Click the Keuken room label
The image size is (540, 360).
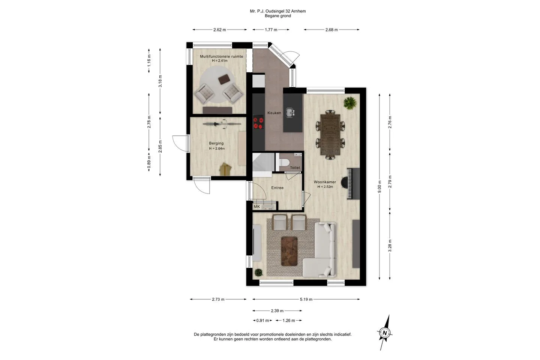pyautogui.click(x=274, y=113)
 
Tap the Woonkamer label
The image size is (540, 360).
pyautogui.click(x=325, y=182)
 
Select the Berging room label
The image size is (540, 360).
pyautogui.click(x=216, y=143)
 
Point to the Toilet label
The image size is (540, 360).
pyautogui.click(x=295, y=168)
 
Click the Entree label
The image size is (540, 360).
pyautogui.click(x=277, y=187)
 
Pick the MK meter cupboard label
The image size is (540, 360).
pyautogui.click(x=257, y=207)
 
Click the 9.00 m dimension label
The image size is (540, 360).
pyautogui.click(x=379, y=187)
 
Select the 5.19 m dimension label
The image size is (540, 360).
pyautogui.click(x=306, y=299)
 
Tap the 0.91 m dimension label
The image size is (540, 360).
pyautogui.click(x=262, y=321)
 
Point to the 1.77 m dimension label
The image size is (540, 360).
pyautogui.click(x=271, y=30)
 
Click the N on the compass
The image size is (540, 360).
pyautogui.click(x=385, y=333)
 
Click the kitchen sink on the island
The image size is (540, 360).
pyautogui.click(x=290, y=112)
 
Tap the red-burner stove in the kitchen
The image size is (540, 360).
pyautogui.click(x=258, y=123)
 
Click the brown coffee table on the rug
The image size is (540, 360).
pyautogui.click(x=289, y=251)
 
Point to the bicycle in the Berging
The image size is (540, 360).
pyautogui.click(x=222, y=124)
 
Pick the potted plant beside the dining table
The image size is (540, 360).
pyautogui.click(x=350, y=103)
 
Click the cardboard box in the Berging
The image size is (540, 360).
pyautogui.click(x=225, y=169)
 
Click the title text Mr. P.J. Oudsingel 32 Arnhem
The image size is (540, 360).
pyautogui.click(x=278, y=11)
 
